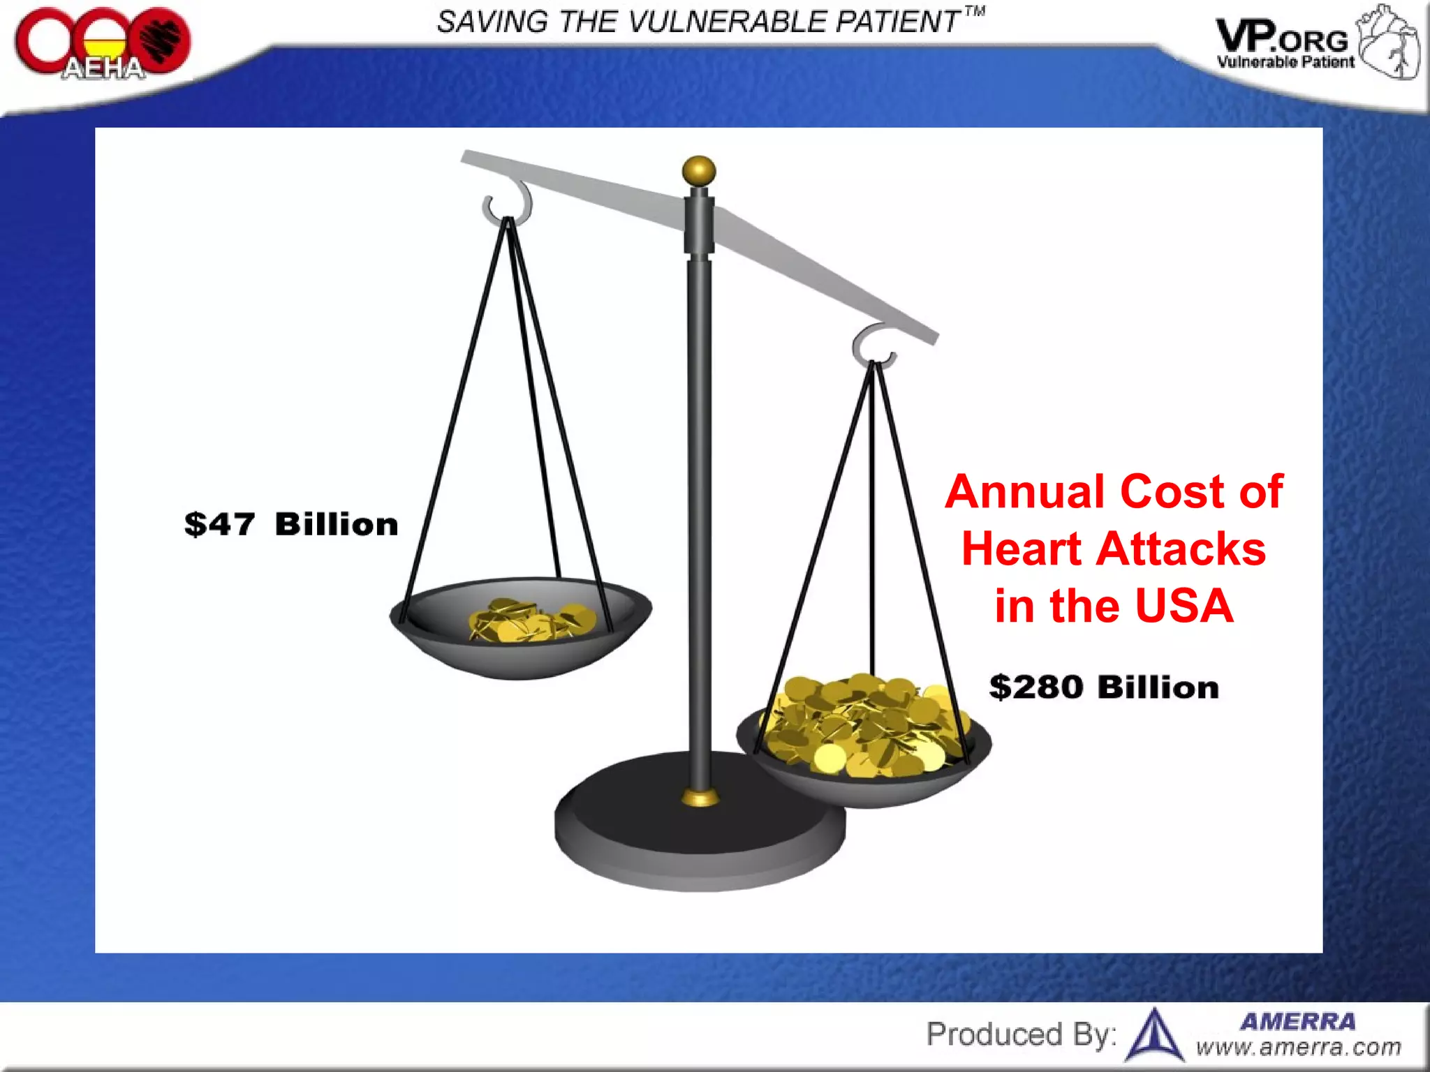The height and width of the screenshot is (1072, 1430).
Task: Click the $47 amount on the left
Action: [220, 524]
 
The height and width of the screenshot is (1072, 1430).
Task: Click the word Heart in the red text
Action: [1022, 549]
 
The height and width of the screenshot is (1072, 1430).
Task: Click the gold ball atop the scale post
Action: [699, 171]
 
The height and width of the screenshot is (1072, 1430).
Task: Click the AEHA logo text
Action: [103, 68]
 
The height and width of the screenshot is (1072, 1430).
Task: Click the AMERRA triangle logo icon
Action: [1156, 1036]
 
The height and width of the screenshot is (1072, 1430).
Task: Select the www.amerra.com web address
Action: [1298, 1047]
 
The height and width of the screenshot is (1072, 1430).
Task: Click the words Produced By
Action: [1021, 1034]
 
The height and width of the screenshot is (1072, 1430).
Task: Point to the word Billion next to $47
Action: [337, 524]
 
